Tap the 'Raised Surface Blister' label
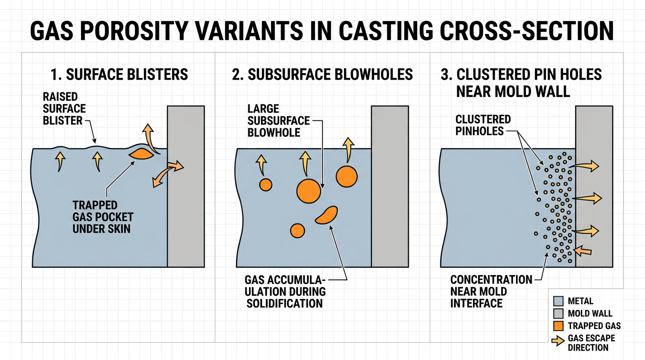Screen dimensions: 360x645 point(62,109)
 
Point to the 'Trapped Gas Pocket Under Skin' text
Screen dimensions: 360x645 point(102,217)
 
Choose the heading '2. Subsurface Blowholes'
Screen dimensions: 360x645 point(322,74)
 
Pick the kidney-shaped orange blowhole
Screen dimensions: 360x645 point(327,215)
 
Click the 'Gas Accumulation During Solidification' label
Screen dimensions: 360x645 point(285,291)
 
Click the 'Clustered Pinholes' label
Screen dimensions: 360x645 point(483,125)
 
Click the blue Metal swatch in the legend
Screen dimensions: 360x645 point(558,301)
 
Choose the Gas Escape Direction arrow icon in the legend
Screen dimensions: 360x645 point(558,342)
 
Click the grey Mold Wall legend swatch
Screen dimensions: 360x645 point(558,313)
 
